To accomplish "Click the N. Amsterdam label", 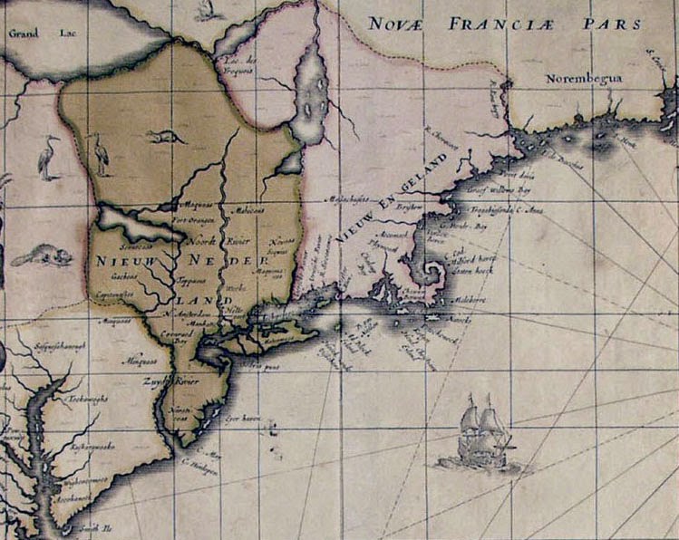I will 188,312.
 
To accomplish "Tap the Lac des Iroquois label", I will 238,64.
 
